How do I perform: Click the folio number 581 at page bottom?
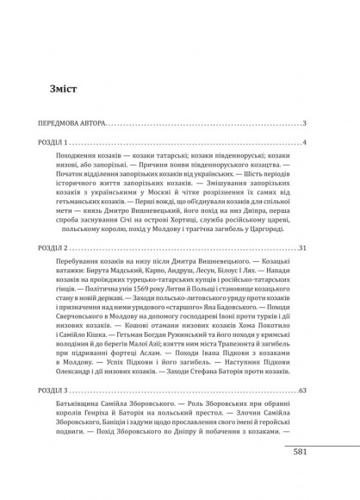307,474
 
